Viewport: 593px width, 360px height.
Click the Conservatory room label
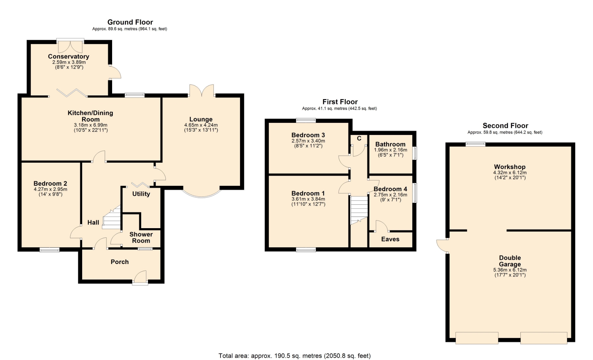click(69, 57)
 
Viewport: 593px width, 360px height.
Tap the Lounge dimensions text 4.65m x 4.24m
click(201, 125)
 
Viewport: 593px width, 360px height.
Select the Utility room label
click(141, 194)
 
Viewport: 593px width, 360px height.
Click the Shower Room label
click(141, 237)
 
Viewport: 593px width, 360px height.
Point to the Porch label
click(120, 262)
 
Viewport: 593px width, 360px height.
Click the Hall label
click(93, 223)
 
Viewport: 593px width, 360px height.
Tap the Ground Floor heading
click(130, 22)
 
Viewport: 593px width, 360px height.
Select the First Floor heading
click(340, 102)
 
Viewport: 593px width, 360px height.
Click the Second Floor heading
click(505, 126)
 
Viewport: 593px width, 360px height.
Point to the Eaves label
click(390, 239)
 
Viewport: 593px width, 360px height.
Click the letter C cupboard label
click(359, 138)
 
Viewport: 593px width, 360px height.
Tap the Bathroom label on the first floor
click(390, 144)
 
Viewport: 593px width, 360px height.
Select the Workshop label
click(510, 167)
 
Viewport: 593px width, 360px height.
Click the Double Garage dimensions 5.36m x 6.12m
click(510, 270)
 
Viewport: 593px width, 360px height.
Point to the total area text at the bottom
click(295, 356)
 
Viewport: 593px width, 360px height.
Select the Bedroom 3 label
click(308, 135)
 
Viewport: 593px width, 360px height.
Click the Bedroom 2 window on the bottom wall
click(49, 250)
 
